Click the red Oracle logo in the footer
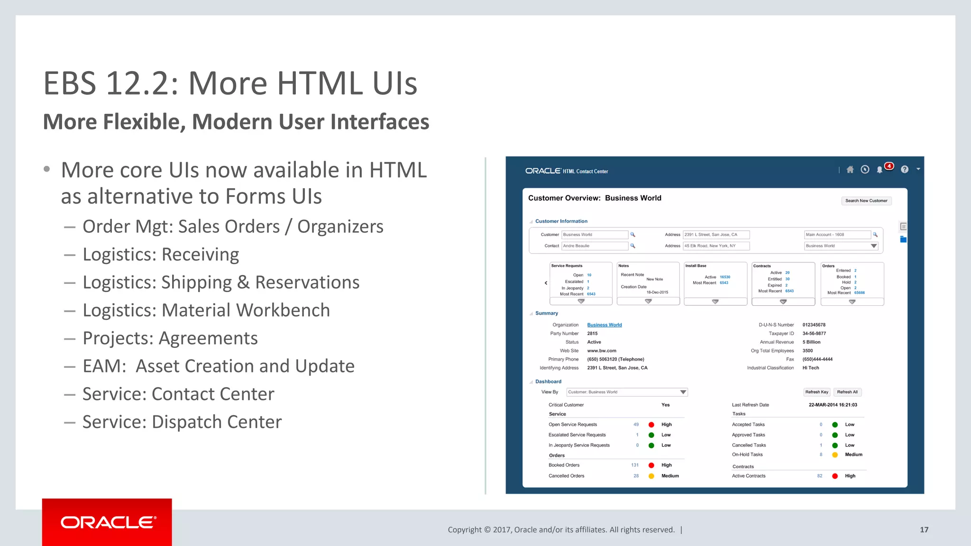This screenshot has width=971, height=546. point(107,522)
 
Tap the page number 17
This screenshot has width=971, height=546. point(924,530)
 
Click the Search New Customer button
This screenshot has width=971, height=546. point(866,201)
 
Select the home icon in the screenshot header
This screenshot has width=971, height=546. point(850,170)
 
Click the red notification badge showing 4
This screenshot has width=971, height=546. point(889,166)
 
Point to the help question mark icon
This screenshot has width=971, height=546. point(905,170)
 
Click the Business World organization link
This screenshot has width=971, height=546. point(605,325)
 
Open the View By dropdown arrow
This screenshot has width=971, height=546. point(683,392)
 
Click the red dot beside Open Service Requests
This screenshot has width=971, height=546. point(651,425)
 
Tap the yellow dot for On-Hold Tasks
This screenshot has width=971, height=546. point(835,455)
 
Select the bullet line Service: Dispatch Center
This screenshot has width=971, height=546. point(182,422)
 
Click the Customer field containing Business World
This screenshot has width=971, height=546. point(595,235)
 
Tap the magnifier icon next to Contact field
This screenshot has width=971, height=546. point(632,246)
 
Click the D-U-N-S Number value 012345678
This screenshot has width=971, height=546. point(814,325)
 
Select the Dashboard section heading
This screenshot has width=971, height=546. point(548,382)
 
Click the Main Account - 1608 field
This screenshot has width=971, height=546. point(837,235)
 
